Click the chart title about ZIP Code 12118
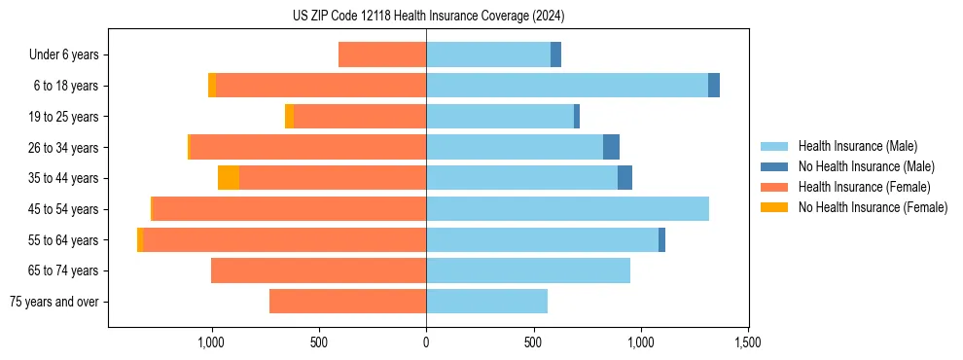click(428, 17)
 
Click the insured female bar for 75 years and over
click(347, 302)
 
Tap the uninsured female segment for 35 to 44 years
click(229, 178)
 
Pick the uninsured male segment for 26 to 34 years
click(611, 147)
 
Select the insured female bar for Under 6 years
click(382, 54)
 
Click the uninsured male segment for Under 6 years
click(555, 54)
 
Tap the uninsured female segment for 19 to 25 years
click(289, 117)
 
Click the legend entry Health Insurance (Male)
click(857, 146)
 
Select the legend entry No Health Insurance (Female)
click(873, 207)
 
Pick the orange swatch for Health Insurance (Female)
click(775, 187)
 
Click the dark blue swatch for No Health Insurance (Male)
click(775, 166)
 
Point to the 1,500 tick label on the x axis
click(747, 342)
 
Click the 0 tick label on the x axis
click(426, 342)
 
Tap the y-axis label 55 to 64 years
click(64, 240)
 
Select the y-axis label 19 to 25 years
click(64, 117)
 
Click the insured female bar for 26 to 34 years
click(307, 147)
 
